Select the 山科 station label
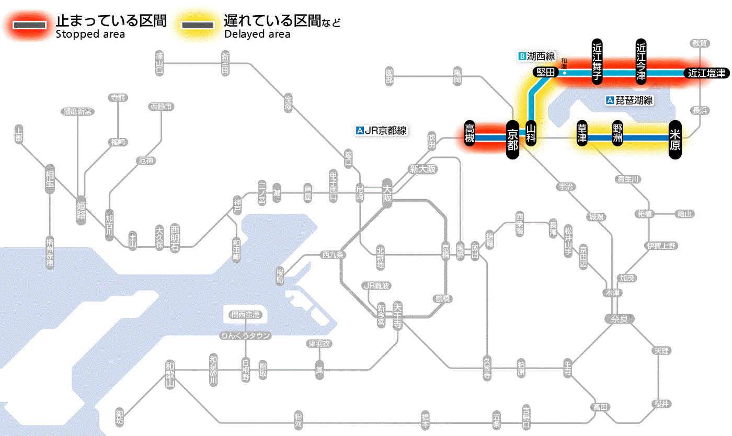coord(531,133)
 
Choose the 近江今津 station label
coord(641,61)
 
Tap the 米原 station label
coord(675,139)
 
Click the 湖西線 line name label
coord(537,56)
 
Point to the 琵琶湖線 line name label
coord(630,100)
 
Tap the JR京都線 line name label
coord(381,131)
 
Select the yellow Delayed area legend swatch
coord(197,25)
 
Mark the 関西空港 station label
coord(246,315)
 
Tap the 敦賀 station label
coord(700,43)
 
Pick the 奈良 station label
coord(619,318)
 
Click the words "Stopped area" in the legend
coord(90,35)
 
